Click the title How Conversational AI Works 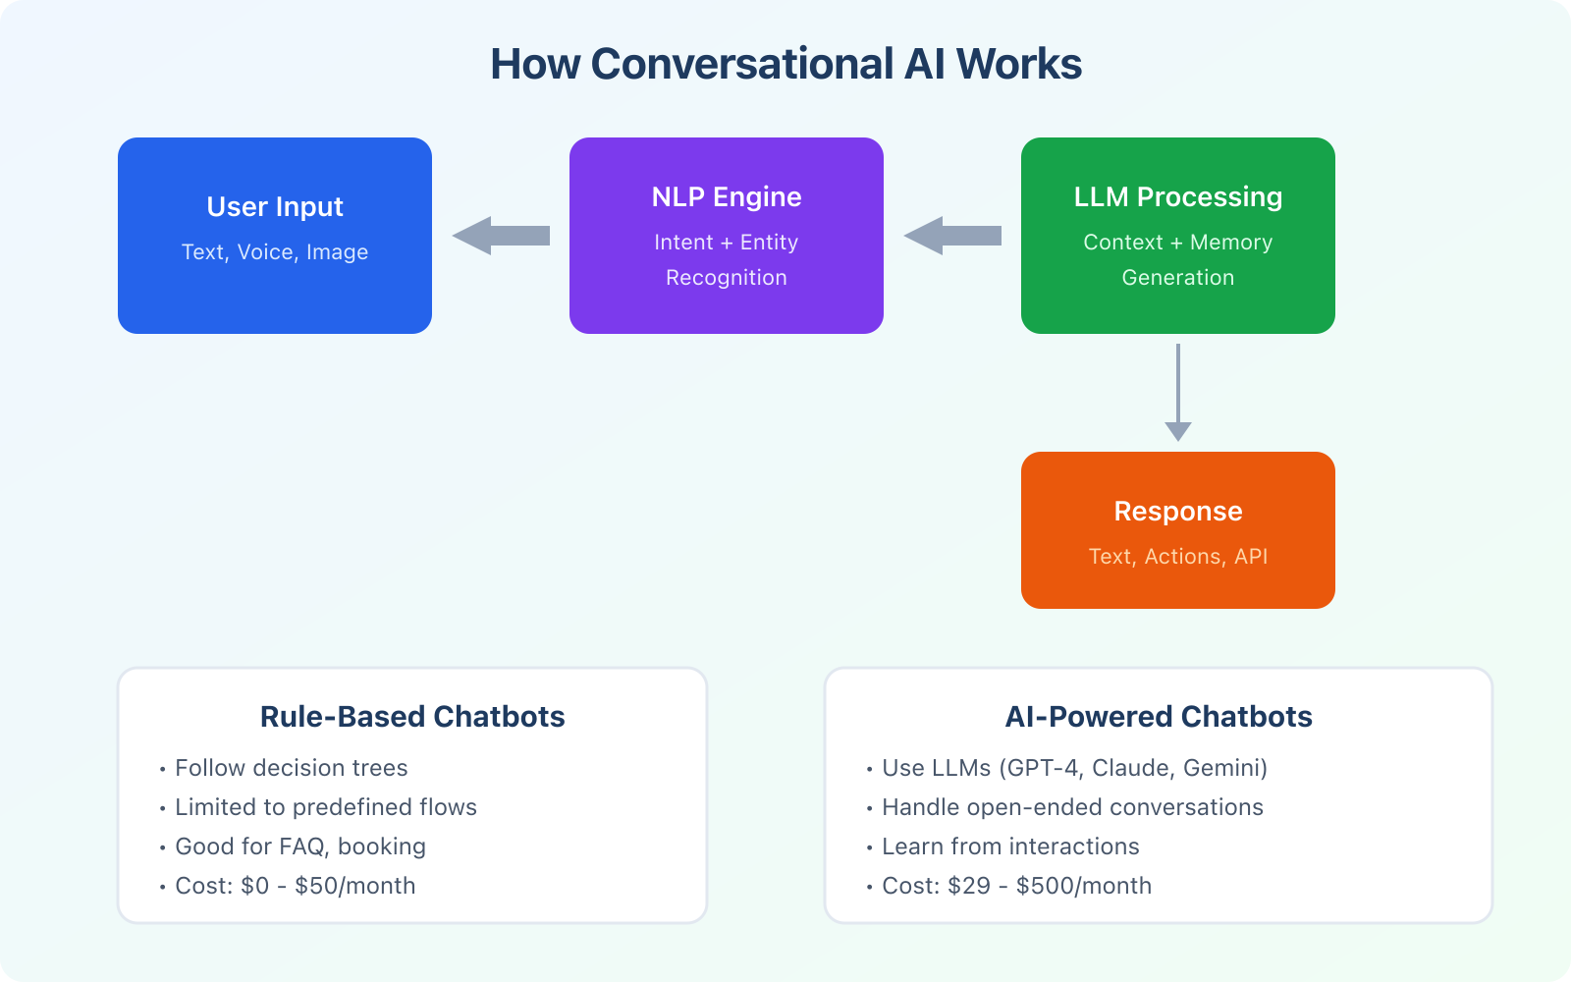pyautogui.click(x=785, y=65)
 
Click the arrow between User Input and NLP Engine pyautogui.click(x=501, y=236)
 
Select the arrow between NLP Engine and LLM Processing pyautogui.click(x=952, y=236)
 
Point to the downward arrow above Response pyautogui.click(x=1178, y=393)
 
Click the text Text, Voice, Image pyautogui.click(x=275, y=252)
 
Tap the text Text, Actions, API pyautogui.click(x=1178, y=557)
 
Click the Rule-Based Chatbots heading pyautogui.click(x=412, y=717)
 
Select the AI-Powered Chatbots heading pyautogui.click(x=1159, y=717)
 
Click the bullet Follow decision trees pyautogui.click(x=291, y=768)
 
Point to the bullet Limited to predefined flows pyautogui.click(x=325, y=807)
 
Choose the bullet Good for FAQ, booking pyautogui.click(x=299, y=846)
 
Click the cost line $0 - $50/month pyautogui.click(x=295, y=886)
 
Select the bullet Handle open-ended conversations pyautogui.click(x=1072, y=807)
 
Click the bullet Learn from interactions pyautogui.click(x=1010, y=846)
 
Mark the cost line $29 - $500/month pyautogui.click(x=1016, y=886)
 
